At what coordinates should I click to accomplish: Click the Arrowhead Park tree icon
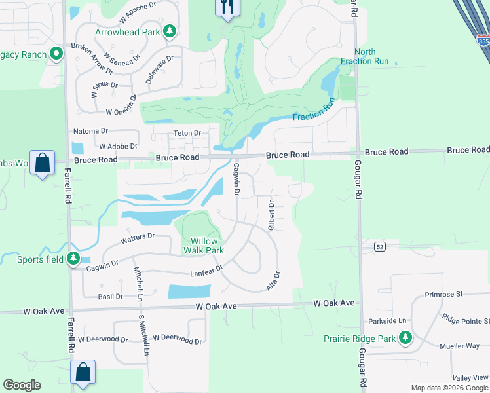point(170,31)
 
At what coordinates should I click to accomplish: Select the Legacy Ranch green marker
point(57,54)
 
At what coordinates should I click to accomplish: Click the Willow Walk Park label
point(207,246)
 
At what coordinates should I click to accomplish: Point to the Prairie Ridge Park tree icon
point(405,338)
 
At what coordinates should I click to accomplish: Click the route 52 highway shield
point(379,246)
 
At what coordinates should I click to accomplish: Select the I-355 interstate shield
point(483,41)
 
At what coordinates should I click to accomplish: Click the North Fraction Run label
point(365,57)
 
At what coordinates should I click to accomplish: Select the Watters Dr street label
point(138,239)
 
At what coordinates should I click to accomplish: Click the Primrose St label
point(443,295)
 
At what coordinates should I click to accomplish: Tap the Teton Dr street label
point(186,134)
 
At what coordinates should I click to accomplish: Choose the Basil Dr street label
point(110,297)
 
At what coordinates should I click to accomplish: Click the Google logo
point(22,385)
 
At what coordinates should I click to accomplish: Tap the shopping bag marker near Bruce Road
point(43,164)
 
